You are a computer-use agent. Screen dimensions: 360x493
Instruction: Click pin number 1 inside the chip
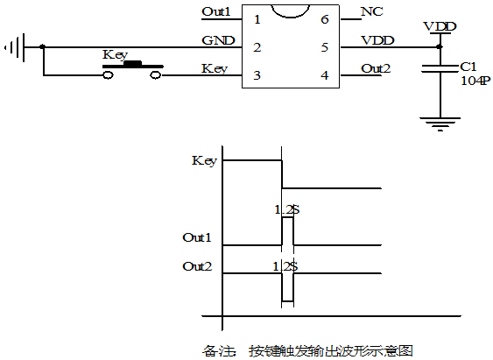pyautogui.click(x=257, y=18)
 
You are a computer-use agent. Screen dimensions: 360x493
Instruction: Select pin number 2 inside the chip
pyautogui.click(x=257, y=47)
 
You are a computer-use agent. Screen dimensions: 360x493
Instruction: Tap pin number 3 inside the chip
pyautogui.click(x=257, y=75)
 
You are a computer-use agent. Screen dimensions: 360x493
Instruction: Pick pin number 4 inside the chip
pyautogui.click(x=325, y=75)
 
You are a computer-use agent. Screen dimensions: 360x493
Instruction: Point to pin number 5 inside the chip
pyautogui.click(x=325, y=47)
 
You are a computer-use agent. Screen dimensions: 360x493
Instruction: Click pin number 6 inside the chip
pyautogui.click(x=325, y=18)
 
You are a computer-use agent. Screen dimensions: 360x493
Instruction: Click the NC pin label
pyautogui.click(x=371, y=12)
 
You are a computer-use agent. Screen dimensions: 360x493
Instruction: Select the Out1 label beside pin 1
pyautogui.click(x=216, y=12)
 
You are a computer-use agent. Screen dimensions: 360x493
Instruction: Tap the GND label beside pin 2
pyautogui.click(x=216, y=40)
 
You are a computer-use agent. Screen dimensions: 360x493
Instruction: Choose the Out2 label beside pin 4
pyautogui.click(x=377, y=68)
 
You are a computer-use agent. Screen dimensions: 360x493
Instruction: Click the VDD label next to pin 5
pyautogui.click(x=377, y=40)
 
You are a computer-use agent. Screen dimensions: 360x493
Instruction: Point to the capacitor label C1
pyautogui.click(x=468, y=66)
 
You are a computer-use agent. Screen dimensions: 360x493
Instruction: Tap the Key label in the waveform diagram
pyautogui.click(x=204, y=160)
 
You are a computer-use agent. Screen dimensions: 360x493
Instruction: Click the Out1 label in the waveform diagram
pyautogui.click(x=197, y=237)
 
